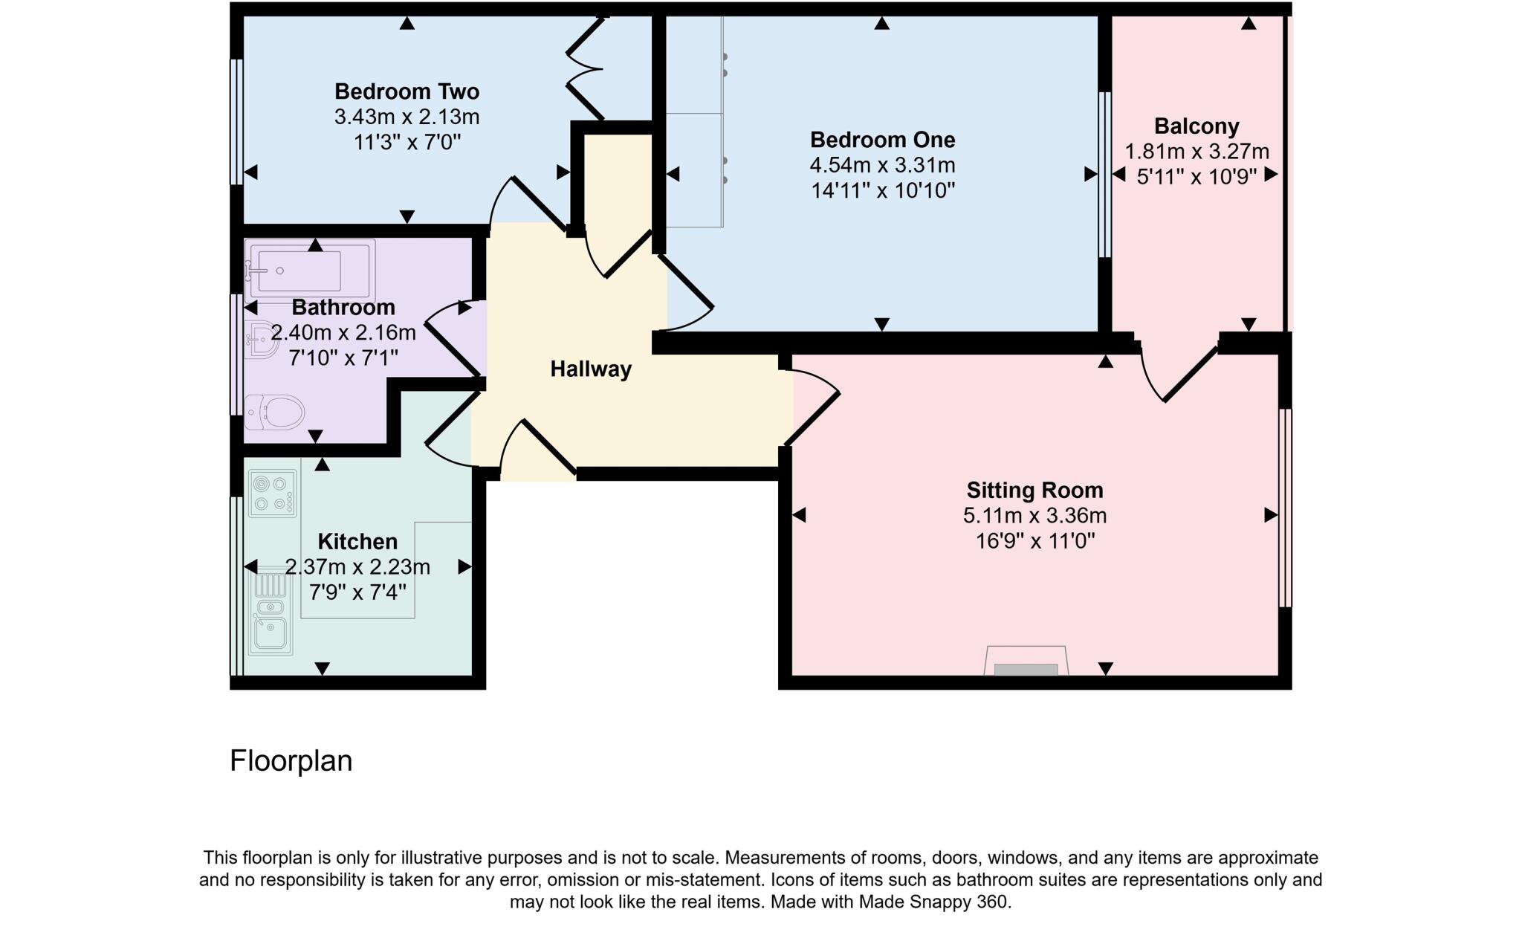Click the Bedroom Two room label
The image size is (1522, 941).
[x=407, y=91]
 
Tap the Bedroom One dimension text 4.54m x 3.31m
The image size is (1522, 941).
[x=882, y=165]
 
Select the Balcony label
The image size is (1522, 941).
[x=1196, y=126]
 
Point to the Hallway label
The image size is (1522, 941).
[x=591, y=369]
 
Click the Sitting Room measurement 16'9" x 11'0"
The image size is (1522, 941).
[x=1034, y=540]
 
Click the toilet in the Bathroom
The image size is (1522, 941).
[x=274, y=412]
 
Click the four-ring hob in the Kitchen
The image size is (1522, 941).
[x=272, y=494]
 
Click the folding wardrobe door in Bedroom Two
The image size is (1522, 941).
[x=586, y=68]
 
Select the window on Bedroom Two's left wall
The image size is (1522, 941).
[x=236, y=122]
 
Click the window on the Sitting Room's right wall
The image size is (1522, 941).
[x=1285, y=508]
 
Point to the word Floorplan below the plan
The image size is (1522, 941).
[x=291, y=761]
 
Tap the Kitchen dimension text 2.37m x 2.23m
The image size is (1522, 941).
[x=357, y=567]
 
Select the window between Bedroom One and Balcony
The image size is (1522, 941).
[x=1104, y=175]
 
